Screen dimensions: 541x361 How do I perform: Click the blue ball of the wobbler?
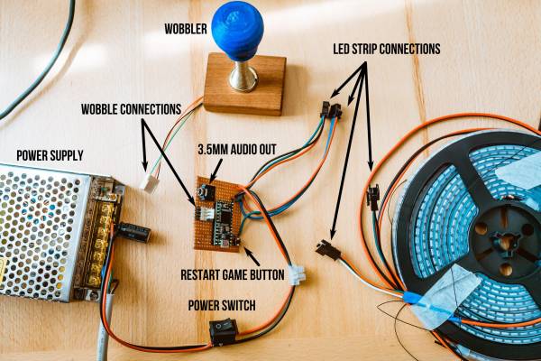coord(237,31)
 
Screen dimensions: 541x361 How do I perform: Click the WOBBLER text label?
coord(186,29)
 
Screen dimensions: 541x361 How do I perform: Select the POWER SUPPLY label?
coord(50,156)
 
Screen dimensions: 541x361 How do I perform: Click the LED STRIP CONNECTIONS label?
coord(387,49)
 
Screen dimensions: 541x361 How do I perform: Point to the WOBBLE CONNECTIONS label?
coord(131,109)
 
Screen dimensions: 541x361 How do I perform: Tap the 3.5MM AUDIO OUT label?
coord(237,150)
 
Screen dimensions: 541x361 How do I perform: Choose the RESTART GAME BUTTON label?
coord(233,274)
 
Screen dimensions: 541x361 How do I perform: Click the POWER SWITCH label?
coord(222,305)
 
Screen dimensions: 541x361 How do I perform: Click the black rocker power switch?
coord(224,332)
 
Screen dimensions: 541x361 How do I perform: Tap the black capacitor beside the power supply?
coord(133,231)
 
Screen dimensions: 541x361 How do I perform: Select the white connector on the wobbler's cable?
coord(151,182)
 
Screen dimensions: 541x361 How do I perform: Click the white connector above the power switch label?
coord(297,274)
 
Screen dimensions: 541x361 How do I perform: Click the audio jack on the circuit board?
coord(206,191)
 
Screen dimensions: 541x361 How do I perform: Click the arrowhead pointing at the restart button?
coord(245,249)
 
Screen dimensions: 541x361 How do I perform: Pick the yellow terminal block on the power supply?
coord(98,245)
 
